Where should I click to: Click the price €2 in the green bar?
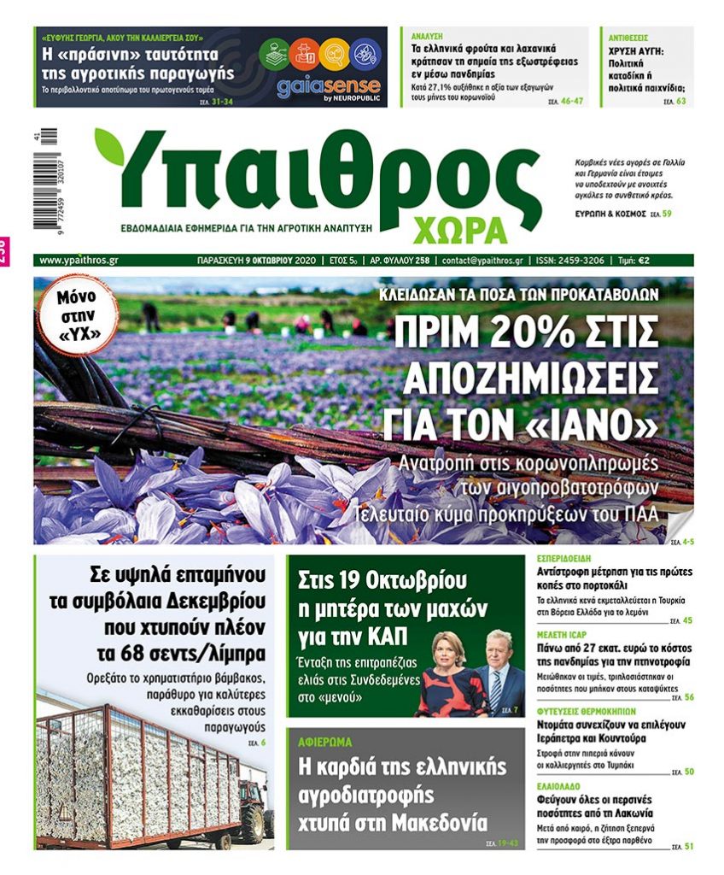click(679, 260)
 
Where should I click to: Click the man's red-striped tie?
click(496, 690)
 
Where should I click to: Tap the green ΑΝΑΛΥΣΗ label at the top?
click(427, 38)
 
